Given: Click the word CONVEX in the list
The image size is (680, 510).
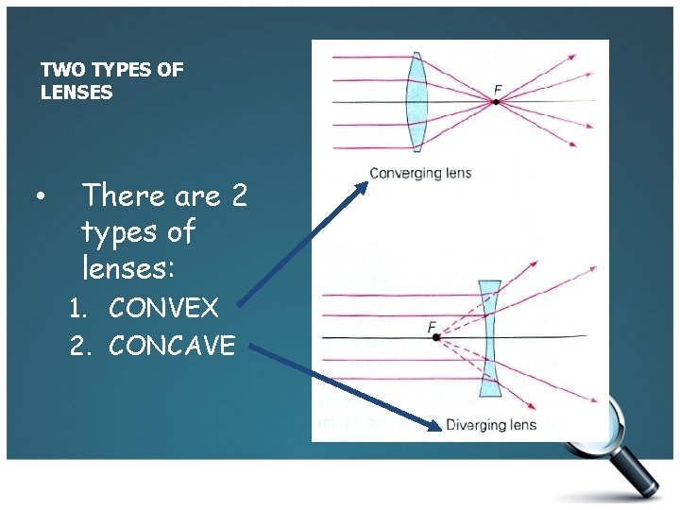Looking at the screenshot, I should pos(163,308).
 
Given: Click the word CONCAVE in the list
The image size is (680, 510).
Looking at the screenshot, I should pos(172,346).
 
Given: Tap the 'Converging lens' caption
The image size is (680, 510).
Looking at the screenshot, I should pos(419,173).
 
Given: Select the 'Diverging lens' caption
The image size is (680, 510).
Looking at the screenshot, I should pos(490,424).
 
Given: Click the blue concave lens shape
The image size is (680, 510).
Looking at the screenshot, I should pos(489,337).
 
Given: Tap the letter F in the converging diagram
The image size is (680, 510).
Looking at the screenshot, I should pos(497,91).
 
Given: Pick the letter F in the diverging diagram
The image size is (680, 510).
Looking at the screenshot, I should pos(432,327).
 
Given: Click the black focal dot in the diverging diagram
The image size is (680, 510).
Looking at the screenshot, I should pos(436,337).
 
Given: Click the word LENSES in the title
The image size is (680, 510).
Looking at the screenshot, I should pos(76,93).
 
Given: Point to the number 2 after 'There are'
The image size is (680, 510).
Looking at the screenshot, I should pos(238,195).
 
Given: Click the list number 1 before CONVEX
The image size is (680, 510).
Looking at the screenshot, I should pos(79,308).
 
